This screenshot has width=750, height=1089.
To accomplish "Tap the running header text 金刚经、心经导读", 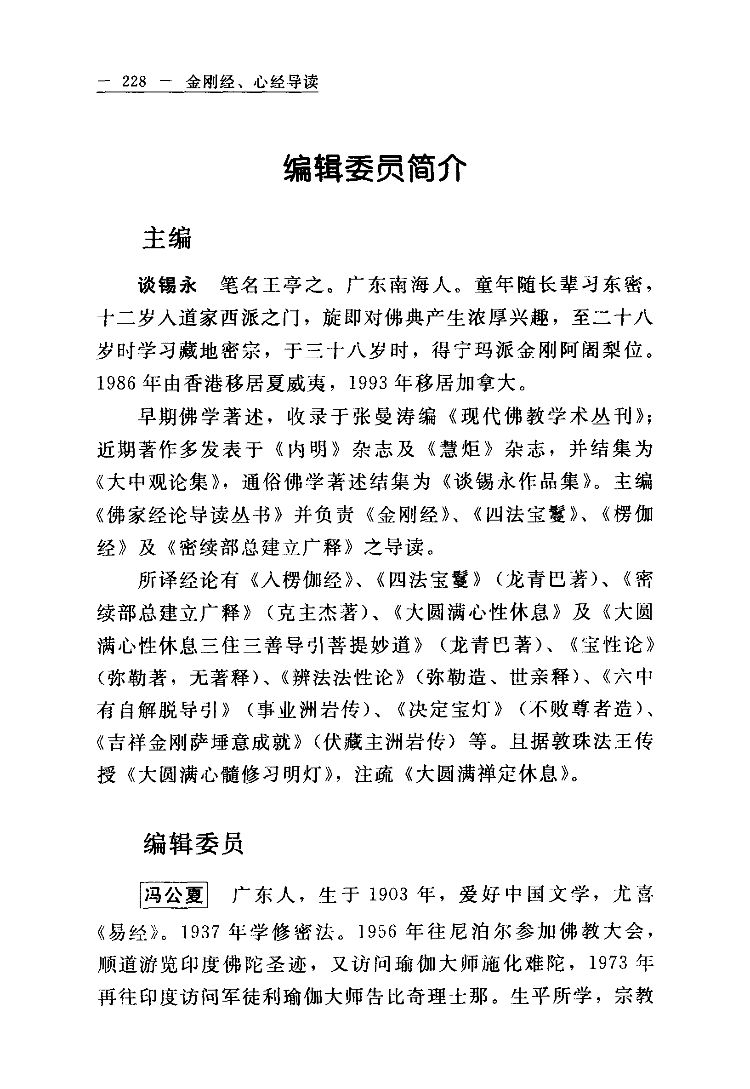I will (252, 82).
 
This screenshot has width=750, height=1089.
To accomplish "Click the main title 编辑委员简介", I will (375, 169).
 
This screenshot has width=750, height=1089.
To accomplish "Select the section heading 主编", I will (167, 238).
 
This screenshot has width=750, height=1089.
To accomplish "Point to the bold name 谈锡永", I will (167, 286).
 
